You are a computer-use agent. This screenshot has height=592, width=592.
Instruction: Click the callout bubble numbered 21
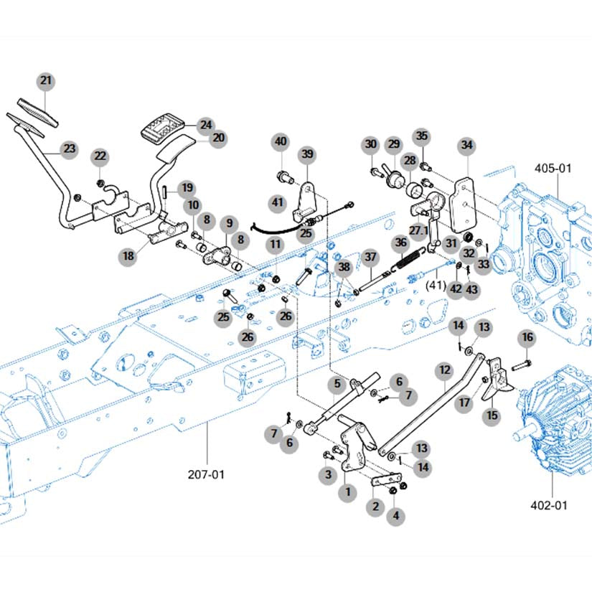(x=46, y=81)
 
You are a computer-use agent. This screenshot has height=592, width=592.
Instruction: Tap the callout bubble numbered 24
(x=206, y=125)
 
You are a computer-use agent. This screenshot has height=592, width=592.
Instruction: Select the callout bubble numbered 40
(x=281, y=142)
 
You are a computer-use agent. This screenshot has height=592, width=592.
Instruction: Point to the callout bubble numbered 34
(x=467, y=146)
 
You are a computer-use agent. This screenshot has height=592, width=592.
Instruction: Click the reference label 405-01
(x=553, y=169)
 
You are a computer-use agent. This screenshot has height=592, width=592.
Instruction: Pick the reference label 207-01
(x=206, y=474)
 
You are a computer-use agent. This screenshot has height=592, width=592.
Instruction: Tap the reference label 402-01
(x=549, y=505)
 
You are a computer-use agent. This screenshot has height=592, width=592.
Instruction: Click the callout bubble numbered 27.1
(x=418, y=230)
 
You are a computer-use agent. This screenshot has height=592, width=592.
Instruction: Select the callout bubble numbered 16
(x=527, y=337)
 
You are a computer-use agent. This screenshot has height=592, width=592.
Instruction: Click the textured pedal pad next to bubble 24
(x=162, y=126)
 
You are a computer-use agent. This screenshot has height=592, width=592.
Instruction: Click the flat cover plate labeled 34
(x=464, y=206)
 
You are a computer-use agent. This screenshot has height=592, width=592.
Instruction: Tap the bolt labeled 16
(x=522, y=365)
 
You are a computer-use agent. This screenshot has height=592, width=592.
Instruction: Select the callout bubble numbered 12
(x=445, y=370)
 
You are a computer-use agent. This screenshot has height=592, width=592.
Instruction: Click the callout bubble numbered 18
(x=128, y=256)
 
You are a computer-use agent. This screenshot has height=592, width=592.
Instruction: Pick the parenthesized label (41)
(x=436, y=285)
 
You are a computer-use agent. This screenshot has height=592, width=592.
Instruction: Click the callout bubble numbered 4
(x=395, y=516)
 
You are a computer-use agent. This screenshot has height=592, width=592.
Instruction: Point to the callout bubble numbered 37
(x=370, y=258)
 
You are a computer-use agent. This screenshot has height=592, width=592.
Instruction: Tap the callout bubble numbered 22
(x=100, y=156)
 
